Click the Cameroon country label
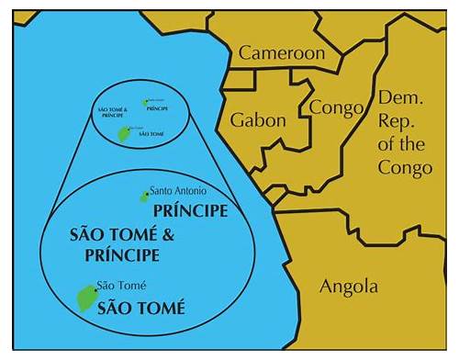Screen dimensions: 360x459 pos(282,53)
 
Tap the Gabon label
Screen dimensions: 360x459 pos(258,120)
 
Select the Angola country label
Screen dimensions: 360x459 pos(348,287)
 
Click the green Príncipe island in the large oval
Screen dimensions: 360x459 pos(144,196)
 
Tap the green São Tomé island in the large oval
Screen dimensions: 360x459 pos(85,297)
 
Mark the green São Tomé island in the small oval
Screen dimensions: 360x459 pos(123,134)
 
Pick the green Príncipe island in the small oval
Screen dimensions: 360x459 pos(143,102)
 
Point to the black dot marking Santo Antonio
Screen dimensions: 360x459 pos(144,194)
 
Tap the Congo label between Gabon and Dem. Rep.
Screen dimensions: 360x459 pos(336,108)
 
